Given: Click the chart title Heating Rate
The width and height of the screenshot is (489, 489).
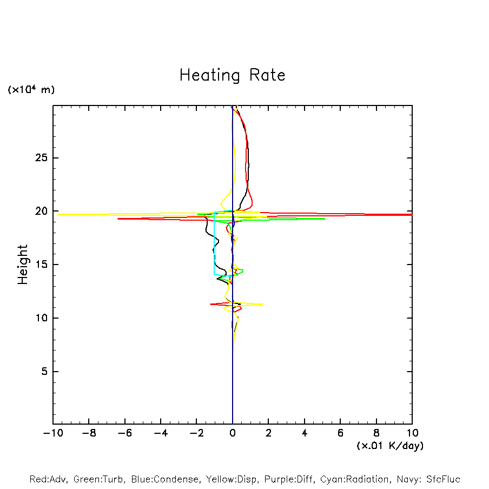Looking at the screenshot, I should pyautogui.click(x=232, y=75).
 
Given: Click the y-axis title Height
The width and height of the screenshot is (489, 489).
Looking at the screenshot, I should pyautogui.click(x=23, y=265).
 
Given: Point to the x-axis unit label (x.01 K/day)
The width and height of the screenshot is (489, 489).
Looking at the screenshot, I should pyautogui.click(x=389, y=446).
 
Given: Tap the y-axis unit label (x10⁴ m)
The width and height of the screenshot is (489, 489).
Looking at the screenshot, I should pyautogui.click(x=31, y=90).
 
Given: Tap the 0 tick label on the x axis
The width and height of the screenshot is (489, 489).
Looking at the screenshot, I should pyautogui.click(x=233, y=433).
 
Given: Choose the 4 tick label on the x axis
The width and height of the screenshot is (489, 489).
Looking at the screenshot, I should pyautogui.click(x=305, y=433).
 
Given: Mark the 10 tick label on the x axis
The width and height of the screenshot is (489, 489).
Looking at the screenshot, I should pyautogui.click(x=412, y=433).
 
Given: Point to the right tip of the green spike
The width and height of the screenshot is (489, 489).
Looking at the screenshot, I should pyautogui.click(x=325, y=219).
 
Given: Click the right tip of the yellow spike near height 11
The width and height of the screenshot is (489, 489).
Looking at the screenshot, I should pyautogui.click(x=262, y=304).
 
